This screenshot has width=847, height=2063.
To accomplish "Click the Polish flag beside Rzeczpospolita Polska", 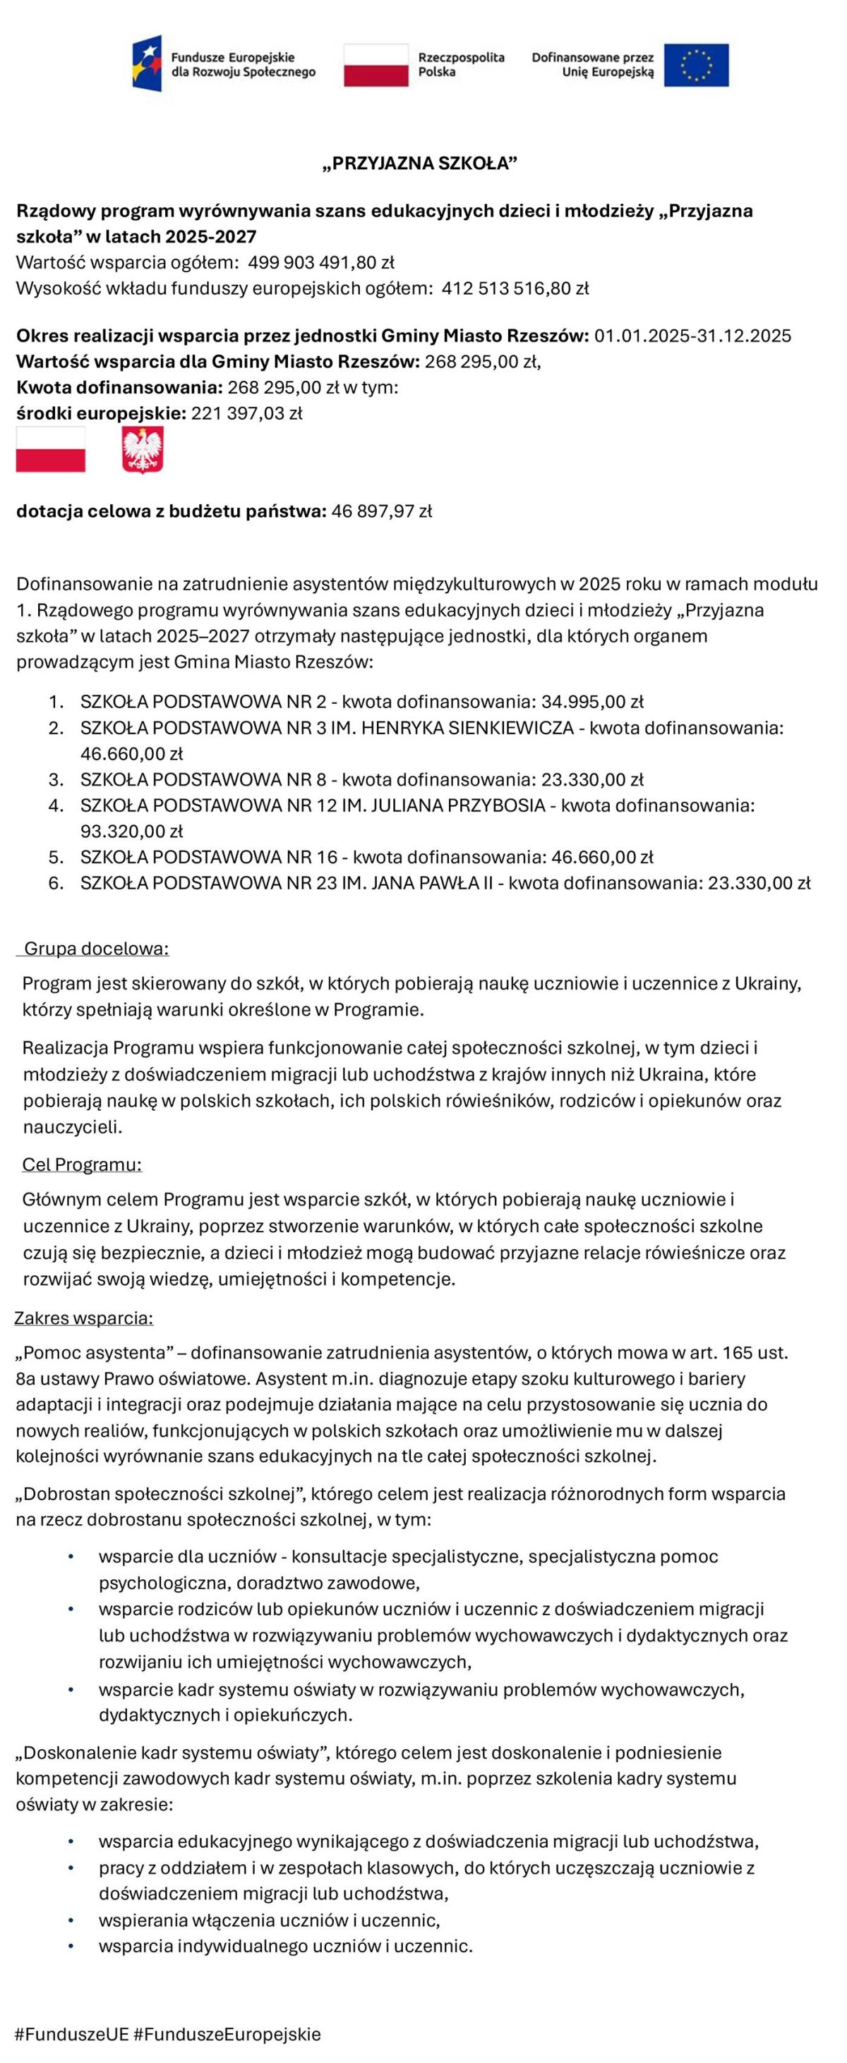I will click(376, 65).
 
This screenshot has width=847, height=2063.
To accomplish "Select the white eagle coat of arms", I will click(143, 449).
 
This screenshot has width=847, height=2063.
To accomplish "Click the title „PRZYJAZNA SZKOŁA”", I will click(420, 164).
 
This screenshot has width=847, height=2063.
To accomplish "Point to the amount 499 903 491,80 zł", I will click(320, 262).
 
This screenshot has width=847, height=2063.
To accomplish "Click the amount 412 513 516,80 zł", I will click(515, 288).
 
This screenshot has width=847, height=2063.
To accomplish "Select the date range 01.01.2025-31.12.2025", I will click(692, 336).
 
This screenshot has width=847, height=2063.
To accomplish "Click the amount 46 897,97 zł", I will click(381, 511).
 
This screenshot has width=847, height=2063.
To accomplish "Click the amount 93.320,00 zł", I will click(131, 832).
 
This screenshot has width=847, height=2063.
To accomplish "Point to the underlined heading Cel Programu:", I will click(82, 1164).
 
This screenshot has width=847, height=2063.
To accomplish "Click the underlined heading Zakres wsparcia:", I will click(84, 1318).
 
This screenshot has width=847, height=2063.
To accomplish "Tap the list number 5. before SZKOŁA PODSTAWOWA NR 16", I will click(56, 858).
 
